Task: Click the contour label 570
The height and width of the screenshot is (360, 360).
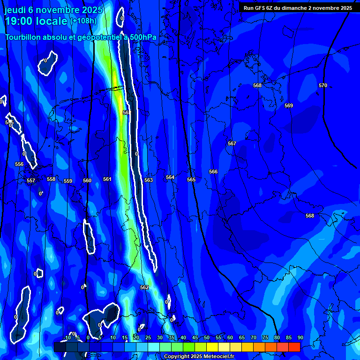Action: coord(322,85)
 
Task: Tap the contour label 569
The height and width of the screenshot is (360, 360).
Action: coord(289,105)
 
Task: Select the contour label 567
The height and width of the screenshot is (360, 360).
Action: coord(232,143)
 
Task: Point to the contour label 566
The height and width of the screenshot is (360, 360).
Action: coord(213,172)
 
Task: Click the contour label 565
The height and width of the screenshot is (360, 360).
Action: coord(191,180)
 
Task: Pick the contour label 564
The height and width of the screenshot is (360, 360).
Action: coord(170,177)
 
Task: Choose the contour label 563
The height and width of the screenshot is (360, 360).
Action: coord(149,180)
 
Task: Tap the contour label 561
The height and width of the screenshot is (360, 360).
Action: coord(107,179)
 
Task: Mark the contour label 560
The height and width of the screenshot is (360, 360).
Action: coord(87,180)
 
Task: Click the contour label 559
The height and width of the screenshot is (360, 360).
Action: coord(68,181)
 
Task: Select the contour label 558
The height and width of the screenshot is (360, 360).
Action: coord(51,179)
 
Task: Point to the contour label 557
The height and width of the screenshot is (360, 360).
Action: coord(31,180)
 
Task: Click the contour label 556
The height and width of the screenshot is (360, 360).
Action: coord(19,164)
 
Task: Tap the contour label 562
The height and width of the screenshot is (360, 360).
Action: coord(144,287)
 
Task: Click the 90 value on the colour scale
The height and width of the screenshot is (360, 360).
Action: coord(300,337)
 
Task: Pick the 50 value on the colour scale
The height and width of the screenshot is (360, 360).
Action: coord(207,337)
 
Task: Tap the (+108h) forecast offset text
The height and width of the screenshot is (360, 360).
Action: coord(83,21)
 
